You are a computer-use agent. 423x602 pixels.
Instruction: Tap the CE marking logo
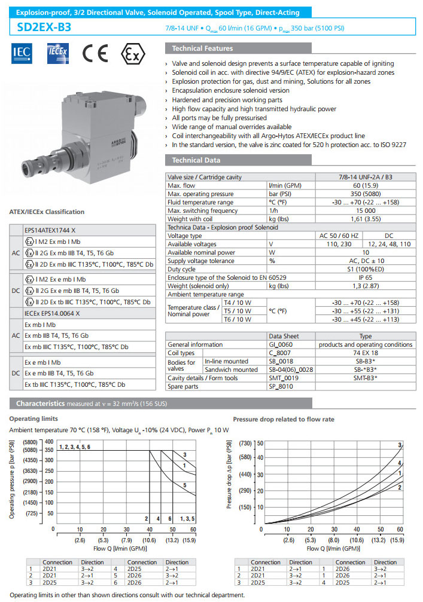tap(96, 54)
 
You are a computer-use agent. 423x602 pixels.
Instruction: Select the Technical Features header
tap(202, 48)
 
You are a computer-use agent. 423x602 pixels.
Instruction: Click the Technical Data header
tap(196, 160)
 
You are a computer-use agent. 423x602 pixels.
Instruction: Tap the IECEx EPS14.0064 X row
tap(52, 313)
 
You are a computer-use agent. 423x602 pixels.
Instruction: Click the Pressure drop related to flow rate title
tap(283, 419)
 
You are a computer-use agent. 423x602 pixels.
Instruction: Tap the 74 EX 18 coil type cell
tap(365, 353)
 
